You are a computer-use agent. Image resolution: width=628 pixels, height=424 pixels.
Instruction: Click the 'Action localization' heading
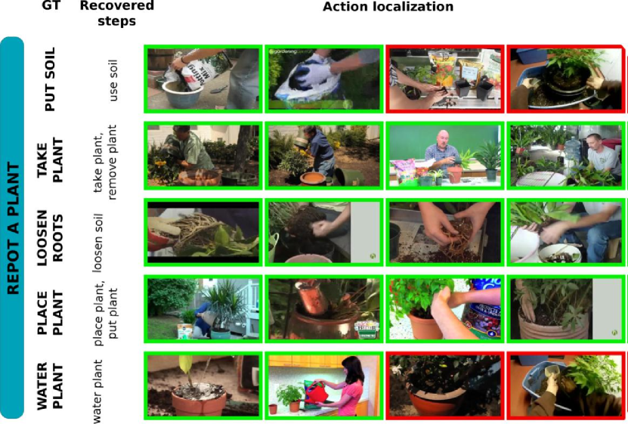[x=388, y=7]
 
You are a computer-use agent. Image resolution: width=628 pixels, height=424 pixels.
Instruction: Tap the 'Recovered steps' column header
[x=116, y=13]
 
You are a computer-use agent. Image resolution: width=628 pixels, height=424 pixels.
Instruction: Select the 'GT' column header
[x=51, y=5]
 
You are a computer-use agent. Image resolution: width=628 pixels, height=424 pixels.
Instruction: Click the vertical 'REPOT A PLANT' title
[x=13, y=227]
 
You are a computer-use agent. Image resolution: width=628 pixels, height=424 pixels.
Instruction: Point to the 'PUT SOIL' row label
[x=50, y=79]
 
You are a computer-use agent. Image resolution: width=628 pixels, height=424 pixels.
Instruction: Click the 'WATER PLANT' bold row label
[x=50, y=386]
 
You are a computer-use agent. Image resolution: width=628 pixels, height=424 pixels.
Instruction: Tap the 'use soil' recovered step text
[x=113, y=80]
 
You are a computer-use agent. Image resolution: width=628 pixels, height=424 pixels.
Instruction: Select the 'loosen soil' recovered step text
[x=98, y=243]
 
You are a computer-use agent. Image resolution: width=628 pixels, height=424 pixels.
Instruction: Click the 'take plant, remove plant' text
[x=105, y=162]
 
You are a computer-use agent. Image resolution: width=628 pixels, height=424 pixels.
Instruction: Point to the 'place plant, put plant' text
[x=105, y=314]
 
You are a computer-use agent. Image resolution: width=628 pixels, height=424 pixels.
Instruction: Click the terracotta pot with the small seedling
[x=198, y=401]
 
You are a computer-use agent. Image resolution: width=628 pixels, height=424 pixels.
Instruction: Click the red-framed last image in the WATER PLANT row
[x=566, y=385]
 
